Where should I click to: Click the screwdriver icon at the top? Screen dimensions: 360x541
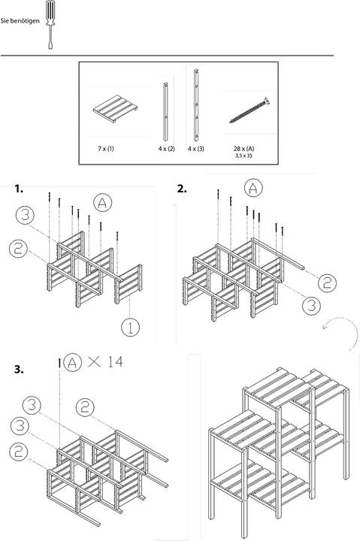[50, 24]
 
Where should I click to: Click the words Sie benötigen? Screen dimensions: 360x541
[20, 21]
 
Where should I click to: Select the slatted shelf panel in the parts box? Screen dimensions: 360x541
[115, 109]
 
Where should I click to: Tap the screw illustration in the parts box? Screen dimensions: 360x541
[250, 110]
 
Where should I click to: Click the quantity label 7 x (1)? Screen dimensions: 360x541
[106, 149]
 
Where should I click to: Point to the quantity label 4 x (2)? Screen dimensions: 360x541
[167, 149]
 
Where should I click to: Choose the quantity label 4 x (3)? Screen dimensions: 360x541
[196, 149]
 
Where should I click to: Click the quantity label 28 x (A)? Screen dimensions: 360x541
[244, 149]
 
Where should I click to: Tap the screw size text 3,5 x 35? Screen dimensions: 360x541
[244, 156]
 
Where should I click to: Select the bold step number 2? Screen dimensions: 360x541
[182, 189]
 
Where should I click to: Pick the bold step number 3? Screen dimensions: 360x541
[19, 370]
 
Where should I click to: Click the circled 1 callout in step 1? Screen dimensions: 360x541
[131, 328]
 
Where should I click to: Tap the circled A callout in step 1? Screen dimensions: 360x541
[103, 203]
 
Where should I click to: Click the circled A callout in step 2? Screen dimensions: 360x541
[253, 188]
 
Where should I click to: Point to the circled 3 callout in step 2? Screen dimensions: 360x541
[311, 305]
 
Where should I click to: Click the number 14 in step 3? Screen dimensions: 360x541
[115, 362]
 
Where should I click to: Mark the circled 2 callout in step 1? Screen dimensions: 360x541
[18, 249]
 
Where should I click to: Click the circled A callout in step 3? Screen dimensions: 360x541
[72, 362]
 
